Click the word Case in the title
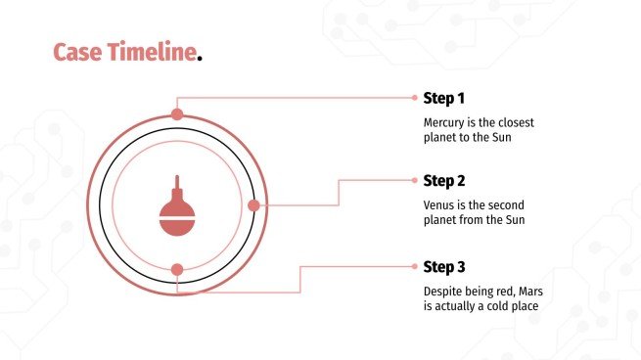click(77, 52)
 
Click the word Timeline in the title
click(152, 52)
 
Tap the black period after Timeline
click(200, 59)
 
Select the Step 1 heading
click(444, 98)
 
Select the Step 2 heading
click(444, 181)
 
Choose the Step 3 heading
click(444, 267)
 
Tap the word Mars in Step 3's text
click(531, 292)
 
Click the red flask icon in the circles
click(177, 206)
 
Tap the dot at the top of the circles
click(177, 114)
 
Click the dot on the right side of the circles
click(253, 205)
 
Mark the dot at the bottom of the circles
click(177, 270)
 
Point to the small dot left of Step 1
click(415, 98)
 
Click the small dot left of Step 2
click(415, 180)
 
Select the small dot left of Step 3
click(415, 266)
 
